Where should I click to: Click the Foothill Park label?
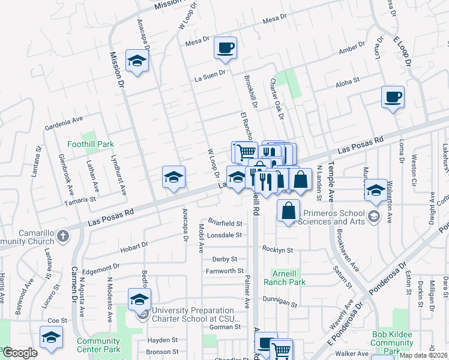pyautogui.click(x=91, y=145)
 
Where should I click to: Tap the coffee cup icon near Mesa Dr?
pyautogui.click(x=226, y=47)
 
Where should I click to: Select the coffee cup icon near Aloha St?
pyautogui.click(x=393, y=97)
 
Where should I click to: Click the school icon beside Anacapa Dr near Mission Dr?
pyautogui.click(x=137, y=60)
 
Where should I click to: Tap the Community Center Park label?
pyautogui.click(x=98, y=345)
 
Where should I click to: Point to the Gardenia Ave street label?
pyautogui.click(x=64, y=124)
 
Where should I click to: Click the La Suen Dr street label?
pyautogui.click(x=209, y=76)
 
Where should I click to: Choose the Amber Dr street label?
pyautogui.click(x=352, y=48)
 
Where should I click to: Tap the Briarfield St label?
pyautogui.click(x=224, y=223)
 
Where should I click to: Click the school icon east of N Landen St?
pyautogui.click(x=376, y=190)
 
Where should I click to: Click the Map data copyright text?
pyautogui.click(x=423, y=355)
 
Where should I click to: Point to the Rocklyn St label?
pyautogui.click(x=277, y=250)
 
